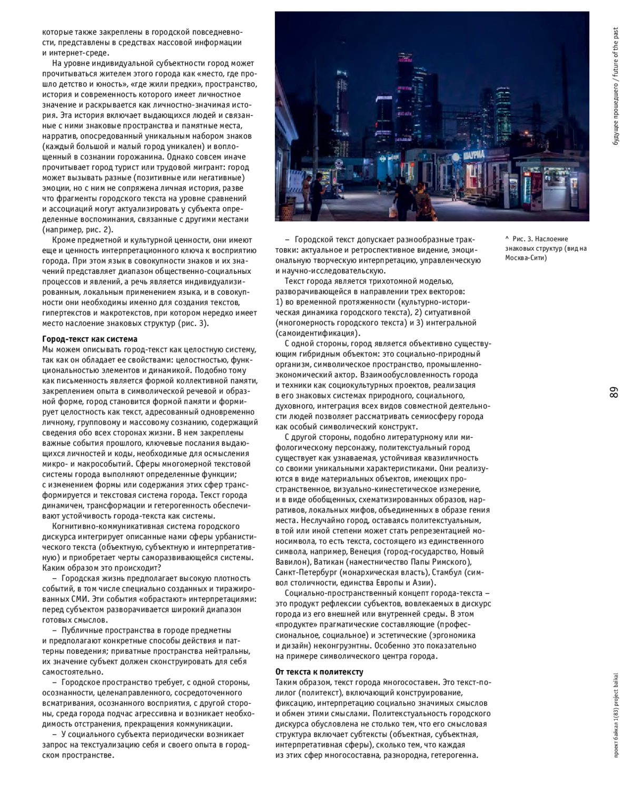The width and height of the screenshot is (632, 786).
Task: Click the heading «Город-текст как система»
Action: pos(90,339)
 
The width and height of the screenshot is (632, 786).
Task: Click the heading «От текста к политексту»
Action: pos(319,672)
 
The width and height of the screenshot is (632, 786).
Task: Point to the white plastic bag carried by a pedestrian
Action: pos(393,211)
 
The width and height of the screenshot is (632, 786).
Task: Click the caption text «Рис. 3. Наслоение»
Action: pos(540,239)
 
